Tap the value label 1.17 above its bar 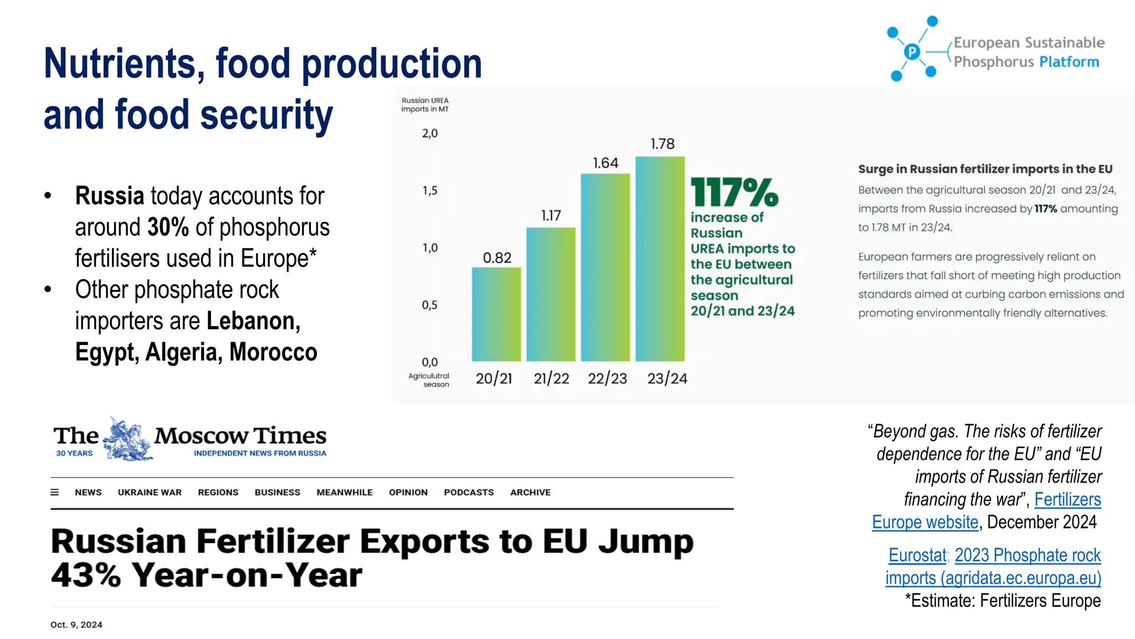551,216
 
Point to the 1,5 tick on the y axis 430,191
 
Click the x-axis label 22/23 607,378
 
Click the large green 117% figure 734,192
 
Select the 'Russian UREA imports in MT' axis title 425,105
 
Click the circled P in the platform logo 912,52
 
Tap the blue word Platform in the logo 1069,62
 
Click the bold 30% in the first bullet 168,227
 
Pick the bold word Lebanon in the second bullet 253,321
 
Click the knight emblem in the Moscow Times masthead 126,439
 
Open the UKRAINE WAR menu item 150,493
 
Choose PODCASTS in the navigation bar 468,493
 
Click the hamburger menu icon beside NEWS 55,493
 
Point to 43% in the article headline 86,575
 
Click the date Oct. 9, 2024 76,625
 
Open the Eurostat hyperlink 917,555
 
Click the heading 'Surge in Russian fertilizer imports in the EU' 985,169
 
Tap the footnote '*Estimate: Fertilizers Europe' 1003,601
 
